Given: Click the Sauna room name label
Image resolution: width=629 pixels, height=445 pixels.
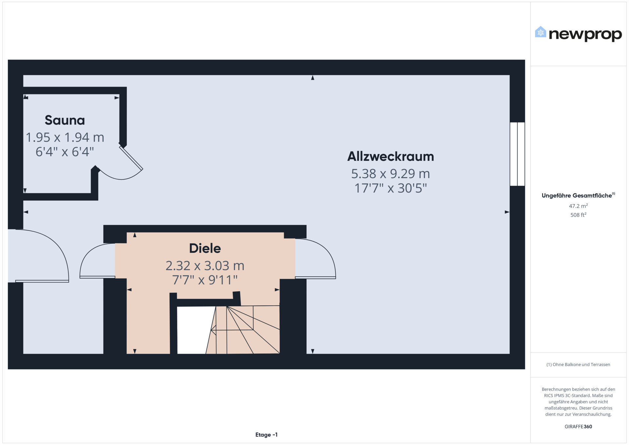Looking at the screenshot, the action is pos(65,120).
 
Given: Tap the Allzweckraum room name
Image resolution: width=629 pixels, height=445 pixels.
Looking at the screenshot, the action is pos(391,156).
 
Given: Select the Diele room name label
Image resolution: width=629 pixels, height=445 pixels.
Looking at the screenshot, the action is pos(205,248).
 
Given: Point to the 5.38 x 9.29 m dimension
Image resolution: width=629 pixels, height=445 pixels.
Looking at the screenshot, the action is pos(391,173).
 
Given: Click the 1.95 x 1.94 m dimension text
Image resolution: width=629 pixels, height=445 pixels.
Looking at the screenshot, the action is pos(65,137).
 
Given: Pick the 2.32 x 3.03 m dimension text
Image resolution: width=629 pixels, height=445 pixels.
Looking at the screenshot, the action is pos(205,265).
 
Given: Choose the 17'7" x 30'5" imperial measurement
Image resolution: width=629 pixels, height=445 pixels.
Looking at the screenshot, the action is pos(391,188).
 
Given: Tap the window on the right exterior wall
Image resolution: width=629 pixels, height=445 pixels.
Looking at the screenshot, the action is pos(517,154).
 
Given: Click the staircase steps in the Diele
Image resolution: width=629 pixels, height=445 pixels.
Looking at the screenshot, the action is pos(244,330).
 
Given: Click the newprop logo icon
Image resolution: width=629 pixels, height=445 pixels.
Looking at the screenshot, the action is pos(541,32).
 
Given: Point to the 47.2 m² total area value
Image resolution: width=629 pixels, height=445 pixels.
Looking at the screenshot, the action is pos(578,206).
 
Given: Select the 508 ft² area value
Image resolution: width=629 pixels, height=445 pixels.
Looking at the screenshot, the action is pos(578,215).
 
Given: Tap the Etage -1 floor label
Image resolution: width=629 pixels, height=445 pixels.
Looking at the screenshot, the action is pos(266,435).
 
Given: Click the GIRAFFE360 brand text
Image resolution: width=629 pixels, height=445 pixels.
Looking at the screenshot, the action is pos(578,427).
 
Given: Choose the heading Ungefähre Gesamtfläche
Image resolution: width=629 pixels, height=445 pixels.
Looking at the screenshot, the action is pos(577,196).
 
